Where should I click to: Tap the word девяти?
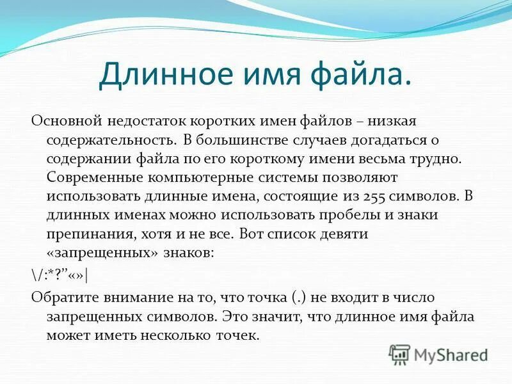(346, 233)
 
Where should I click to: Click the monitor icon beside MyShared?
(399, 354)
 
